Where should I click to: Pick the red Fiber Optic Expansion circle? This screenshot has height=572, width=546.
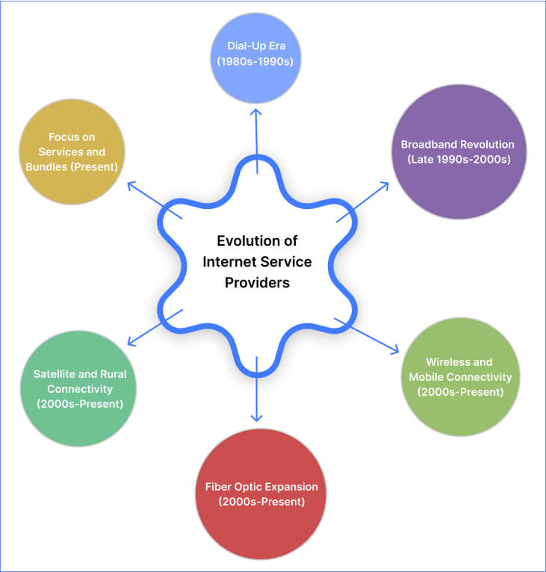(261, 494)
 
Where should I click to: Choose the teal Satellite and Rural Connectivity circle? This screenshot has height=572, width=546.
(79, 388)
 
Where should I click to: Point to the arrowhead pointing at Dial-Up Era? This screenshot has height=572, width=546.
(255, 112)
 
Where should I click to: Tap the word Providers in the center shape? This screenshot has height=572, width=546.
(258, 283)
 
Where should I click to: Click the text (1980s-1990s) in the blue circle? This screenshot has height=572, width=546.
(255, 60)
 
